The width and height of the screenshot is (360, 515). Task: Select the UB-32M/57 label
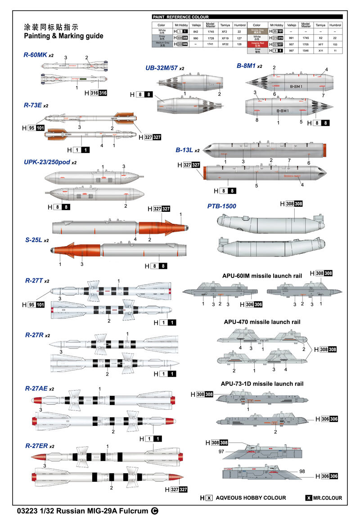click(162, 68)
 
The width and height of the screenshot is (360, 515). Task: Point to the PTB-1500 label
click(222, 206)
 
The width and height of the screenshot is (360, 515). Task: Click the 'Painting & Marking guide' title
click(63, 36)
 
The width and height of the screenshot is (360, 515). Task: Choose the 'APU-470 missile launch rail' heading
click(262, 322)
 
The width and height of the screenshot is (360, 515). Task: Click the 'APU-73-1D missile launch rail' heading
click(262, 384)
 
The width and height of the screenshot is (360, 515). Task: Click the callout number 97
click(221, 452)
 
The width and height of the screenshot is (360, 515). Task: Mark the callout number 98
click(301, 471)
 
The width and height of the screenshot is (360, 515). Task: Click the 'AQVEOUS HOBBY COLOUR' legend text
click(251, 498)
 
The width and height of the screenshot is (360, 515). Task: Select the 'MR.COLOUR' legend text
click(327, 498)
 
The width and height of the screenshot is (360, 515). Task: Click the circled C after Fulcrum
click(155, 511)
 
